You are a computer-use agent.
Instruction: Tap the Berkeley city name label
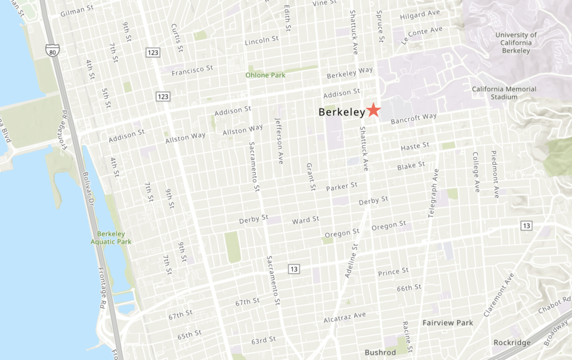click(341, 112)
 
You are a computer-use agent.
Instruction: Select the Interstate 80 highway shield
click(53, 51)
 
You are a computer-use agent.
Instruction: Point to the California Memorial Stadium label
click(504, 93)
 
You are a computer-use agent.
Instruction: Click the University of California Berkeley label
click(516, 43)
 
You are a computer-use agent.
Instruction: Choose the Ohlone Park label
click(265, 75)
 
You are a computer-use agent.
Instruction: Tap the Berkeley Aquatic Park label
click(111, 238)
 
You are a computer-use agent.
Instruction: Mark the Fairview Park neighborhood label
click(447, 323)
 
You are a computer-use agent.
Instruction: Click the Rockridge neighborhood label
click(512, 342)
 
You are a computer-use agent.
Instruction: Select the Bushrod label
click(380, 352)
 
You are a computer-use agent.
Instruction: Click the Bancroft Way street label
click(413, 119)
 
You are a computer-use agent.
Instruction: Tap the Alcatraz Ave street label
click(345, 318)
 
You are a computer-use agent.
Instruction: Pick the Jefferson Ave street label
click(279, 140)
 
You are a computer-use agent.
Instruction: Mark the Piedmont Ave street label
click(495, 174)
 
